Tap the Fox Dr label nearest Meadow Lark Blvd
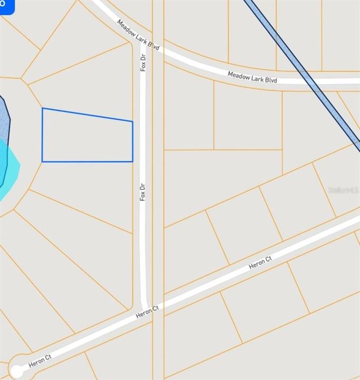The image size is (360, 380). pyautogui.click(x=143, y=62)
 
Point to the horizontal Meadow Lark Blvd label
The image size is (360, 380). pyautogui.click(x=252, y=77)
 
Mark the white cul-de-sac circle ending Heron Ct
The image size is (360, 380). pyautogui.click(x=16, y=372)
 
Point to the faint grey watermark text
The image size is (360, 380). pyautogui.click(x=343, y=190)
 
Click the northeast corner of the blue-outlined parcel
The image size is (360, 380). pyautogui.click(x=132, y=121)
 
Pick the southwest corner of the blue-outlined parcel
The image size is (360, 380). pyautogui.click(x=42, y=161)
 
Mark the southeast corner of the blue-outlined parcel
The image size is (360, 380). pyautogui.click(x=132, y=161)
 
